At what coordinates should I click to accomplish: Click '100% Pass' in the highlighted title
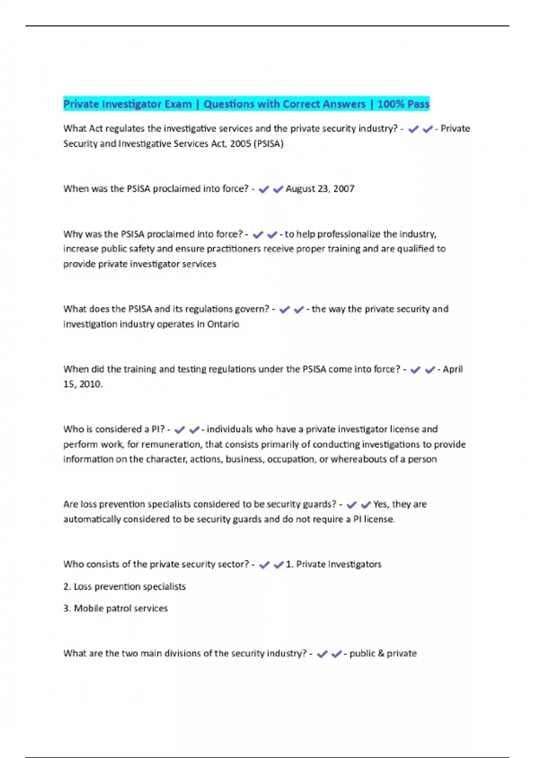coord(403,104)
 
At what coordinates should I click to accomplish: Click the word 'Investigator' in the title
coord(131,104)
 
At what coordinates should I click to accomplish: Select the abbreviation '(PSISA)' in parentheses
coord(268,144)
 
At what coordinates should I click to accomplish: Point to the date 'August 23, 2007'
coord(320,189)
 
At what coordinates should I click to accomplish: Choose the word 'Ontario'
coord(223,324)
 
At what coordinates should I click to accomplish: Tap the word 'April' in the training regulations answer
coord(453,369)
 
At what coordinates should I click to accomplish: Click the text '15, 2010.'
coord(83,384)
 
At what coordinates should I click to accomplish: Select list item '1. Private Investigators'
coord(333,564)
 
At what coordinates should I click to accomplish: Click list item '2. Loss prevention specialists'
coord(124,586)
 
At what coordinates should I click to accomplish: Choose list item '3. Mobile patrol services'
coord(115,608)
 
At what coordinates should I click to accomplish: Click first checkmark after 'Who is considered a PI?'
coord(179,430)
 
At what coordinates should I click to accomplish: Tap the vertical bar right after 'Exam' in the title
coord(197,104)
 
